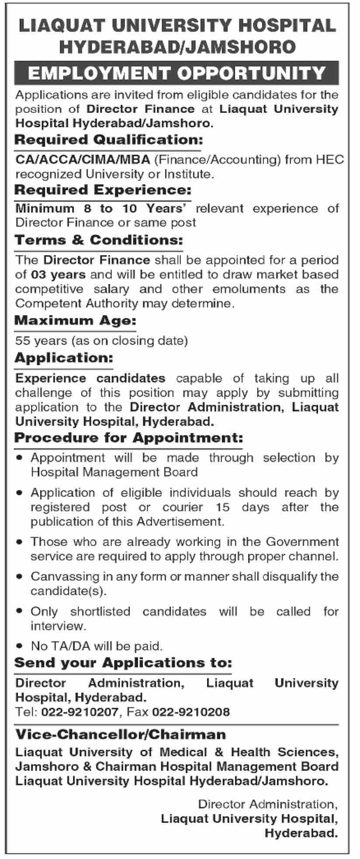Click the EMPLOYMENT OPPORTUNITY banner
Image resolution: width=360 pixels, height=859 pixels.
point(177,73)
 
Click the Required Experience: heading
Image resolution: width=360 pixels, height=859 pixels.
point(103,190)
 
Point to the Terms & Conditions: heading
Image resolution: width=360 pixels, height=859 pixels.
point(98,240)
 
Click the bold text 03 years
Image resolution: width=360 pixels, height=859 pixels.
point(58,275)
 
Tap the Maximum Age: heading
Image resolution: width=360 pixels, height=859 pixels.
point(75,321)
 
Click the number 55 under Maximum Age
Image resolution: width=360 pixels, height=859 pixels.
point(22,341)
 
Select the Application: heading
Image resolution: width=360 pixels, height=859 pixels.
point(64,358)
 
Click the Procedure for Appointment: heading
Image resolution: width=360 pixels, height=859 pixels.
point(128,438)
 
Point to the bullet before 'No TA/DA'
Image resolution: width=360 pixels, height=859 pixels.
point(19,645)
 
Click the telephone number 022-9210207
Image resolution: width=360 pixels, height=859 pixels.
point(80,712)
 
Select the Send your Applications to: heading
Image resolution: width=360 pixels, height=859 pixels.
point(123,663)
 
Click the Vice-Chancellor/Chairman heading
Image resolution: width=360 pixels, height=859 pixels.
point(121,734)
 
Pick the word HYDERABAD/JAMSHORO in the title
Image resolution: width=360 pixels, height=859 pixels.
point(177,47)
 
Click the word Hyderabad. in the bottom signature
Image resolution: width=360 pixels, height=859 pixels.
point(301,834)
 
